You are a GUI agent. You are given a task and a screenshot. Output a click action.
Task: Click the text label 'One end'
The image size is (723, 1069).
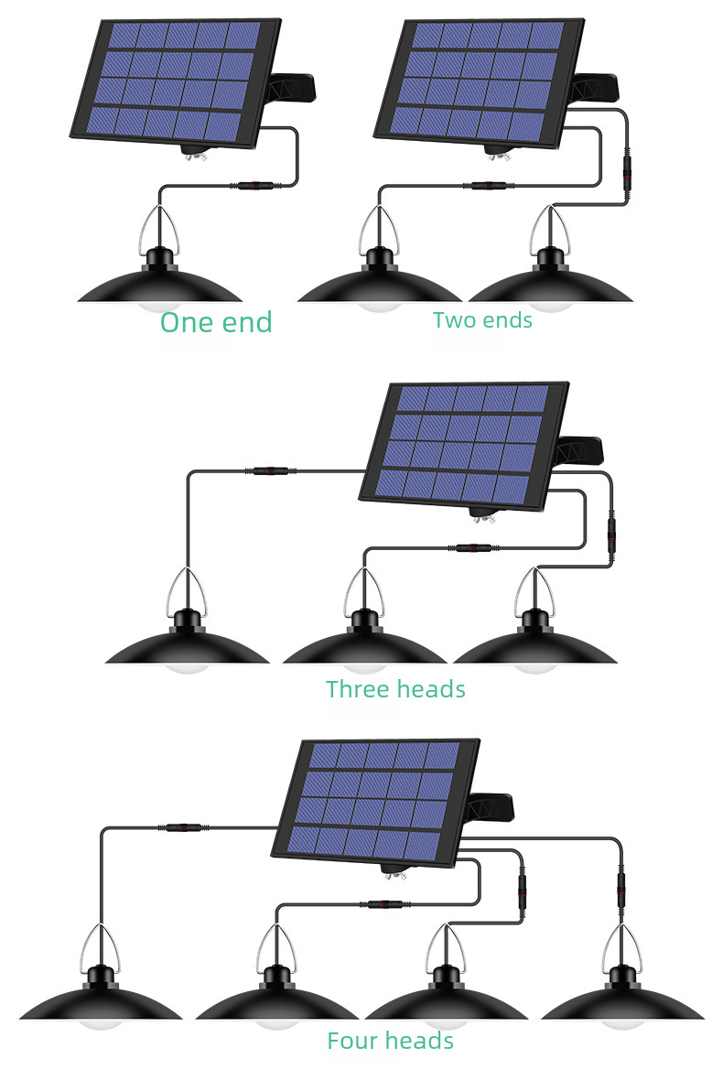point(216,322)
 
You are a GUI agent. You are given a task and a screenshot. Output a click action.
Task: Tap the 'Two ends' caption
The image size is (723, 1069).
point(482,319)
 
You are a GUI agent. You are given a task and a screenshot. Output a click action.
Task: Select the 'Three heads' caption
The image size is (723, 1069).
point(395,689)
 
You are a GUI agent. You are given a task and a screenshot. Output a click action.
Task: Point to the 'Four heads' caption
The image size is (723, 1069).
point(390,1041)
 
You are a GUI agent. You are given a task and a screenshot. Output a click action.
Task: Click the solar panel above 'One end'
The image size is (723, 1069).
point(176,83)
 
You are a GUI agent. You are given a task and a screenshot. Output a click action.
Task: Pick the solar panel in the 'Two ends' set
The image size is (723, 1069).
point(479,83)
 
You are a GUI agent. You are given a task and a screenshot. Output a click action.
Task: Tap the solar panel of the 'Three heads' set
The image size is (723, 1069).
point(463,447)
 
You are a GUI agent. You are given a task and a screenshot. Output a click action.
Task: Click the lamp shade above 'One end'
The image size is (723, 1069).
point(160,282)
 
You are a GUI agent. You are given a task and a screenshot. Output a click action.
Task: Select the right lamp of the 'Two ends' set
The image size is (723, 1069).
point(551,282)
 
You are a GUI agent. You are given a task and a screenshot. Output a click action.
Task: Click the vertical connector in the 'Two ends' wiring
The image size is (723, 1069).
point(627,173)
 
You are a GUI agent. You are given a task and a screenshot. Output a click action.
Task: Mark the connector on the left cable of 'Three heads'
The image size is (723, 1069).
point(271,470)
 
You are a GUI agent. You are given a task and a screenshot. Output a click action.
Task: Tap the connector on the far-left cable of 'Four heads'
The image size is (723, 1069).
point(183,827)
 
